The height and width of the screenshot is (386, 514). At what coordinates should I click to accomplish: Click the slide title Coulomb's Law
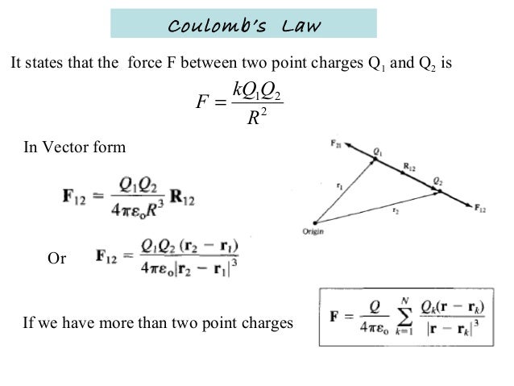(243, 27)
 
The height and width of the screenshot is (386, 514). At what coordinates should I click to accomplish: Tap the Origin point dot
(314, 222)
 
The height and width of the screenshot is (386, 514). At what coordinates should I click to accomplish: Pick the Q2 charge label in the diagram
(438, 181)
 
